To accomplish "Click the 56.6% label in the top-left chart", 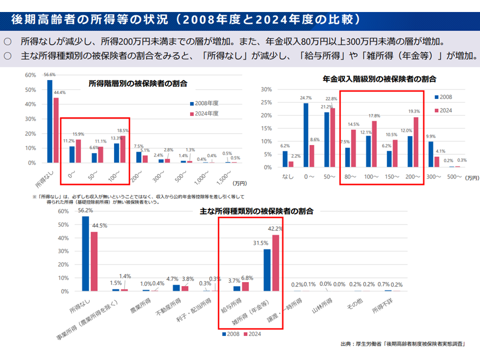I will click(49, 74).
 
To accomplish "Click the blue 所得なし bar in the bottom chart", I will click(85, 253).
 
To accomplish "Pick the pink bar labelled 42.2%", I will click(275, 263).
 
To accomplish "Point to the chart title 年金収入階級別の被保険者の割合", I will click(379, 79).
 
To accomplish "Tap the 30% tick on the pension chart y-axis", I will click(266, 89).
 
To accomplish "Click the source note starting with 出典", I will click(402, 343).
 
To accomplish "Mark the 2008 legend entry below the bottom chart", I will click(231, 333).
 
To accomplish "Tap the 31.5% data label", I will click(258, 243).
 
